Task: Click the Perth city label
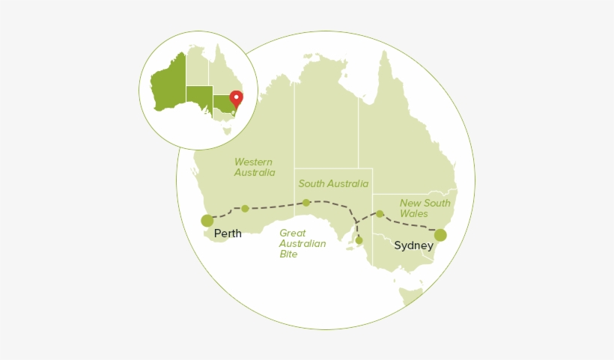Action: tap(228, 234)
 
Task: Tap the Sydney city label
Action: tap(413, 245)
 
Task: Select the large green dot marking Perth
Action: tap(207, 220)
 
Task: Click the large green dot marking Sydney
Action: tap(440, 235)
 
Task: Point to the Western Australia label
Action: tap(254, 167)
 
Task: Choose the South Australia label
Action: tap(333, 183)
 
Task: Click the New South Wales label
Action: tap(425, 208)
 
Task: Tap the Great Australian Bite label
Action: tap(303, 243)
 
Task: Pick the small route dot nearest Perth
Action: tap(245, 208)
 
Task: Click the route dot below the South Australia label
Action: tap(306, 202)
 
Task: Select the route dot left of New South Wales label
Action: tap(380, 214)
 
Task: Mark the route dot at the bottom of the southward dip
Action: tap(359, 240)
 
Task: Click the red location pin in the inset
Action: tap(237, 98)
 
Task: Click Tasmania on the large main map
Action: tap(410, 295)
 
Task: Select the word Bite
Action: tap(289, 254)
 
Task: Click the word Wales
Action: tap(414, 213)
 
